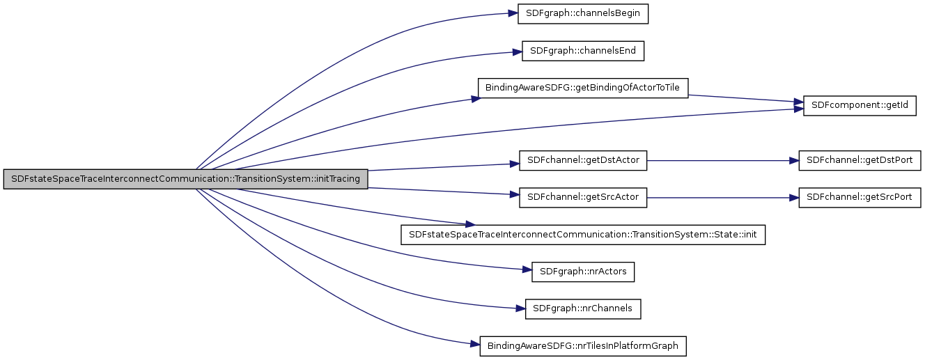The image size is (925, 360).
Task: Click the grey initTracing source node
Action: (x=185, y=179)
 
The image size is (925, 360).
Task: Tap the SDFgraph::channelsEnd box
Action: (x=583, y=51)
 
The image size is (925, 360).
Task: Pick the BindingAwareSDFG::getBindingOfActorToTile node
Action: (x=583, y=88)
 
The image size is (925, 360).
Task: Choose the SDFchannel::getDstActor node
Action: (x=583, y=161)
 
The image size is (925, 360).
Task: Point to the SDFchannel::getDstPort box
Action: (x=860, y=161)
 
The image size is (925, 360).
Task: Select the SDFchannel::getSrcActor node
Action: (x=583, y=198)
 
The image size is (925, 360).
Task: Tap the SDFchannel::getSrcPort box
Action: (x=860, y=198)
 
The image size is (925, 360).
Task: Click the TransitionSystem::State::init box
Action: (x=583, y=235)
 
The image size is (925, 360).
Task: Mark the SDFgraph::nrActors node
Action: (x=583, y=272)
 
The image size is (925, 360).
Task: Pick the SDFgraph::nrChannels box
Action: (x=583, y=308)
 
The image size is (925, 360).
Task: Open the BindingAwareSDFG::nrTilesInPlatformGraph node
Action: (x=583, y=345)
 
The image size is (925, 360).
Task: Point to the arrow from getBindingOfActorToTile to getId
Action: (x=745, y=98)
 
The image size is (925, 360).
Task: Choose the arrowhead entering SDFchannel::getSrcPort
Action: (x=794, y=198)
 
